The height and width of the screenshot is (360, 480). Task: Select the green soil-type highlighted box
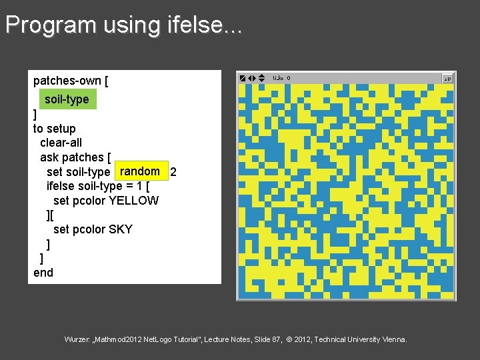coord(67,99)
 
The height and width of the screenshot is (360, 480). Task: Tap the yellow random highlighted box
coord(140,171)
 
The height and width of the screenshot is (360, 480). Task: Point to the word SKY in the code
coord(121,229)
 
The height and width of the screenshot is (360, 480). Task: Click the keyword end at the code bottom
coord(43,273)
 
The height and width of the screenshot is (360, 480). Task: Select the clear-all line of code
coord(61,143)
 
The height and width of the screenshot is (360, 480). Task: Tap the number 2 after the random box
coord(173,172)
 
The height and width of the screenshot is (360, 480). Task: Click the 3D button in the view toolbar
coord(447,79)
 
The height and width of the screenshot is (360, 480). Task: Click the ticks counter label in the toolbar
coord(278,78)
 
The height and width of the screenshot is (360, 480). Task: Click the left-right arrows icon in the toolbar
coord(252,78)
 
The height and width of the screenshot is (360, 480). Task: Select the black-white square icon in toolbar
coord(243,78)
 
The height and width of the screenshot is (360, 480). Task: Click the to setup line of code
coord(55,129)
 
